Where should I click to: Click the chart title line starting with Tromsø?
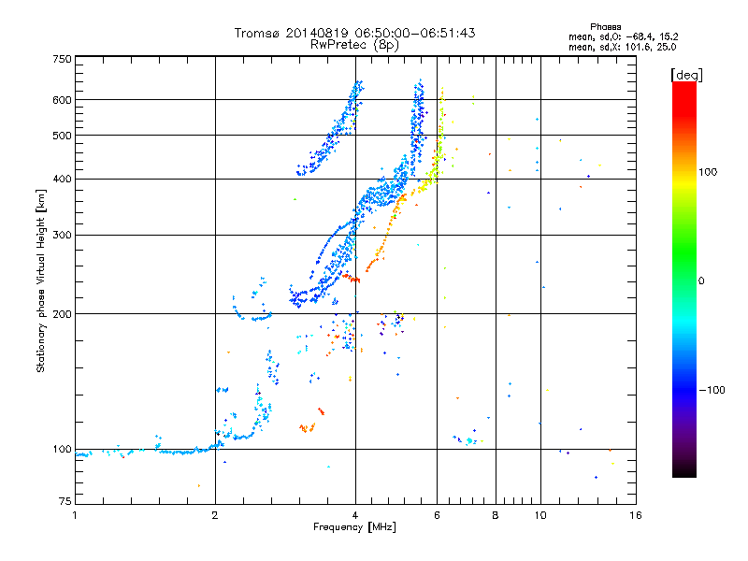point(354,33)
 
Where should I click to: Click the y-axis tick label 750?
point(62,59)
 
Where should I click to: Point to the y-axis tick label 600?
point(62,100)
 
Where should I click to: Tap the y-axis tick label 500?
point(62,136)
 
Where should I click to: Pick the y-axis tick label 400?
point(62,179)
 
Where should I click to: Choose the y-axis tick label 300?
point(62,235)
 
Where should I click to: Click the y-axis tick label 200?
point(62,314)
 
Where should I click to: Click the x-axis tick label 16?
point(636,515)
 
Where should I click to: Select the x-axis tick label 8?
point(496,515)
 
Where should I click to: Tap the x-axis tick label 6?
point(438,515)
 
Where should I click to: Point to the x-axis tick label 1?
point(75,515)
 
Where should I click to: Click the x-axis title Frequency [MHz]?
point(354,528)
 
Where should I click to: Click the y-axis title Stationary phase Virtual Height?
point(41,281)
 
